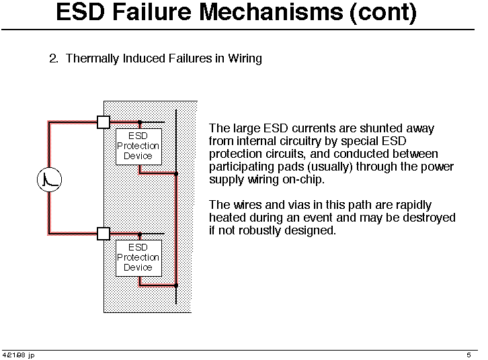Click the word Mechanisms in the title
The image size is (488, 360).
271,12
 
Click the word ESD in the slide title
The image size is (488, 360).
80,12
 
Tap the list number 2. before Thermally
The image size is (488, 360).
54,58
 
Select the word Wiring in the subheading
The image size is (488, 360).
245,58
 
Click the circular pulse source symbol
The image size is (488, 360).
50,179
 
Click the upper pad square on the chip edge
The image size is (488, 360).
104,122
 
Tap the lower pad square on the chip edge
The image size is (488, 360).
104,234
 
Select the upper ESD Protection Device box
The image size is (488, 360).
139,146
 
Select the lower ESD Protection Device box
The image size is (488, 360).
139,258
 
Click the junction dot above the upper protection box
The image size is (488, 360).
140,122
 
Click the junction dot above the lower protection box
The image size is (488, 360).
140,234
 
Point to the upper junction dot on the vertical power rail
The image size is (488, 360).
176,174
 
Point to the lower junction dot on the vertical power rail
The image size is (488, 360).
176,285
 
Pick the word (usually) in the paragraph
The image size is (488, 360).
330,167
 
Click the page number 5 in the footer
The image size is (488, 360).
469,355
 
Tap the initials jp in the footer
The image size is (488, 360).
31,355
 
